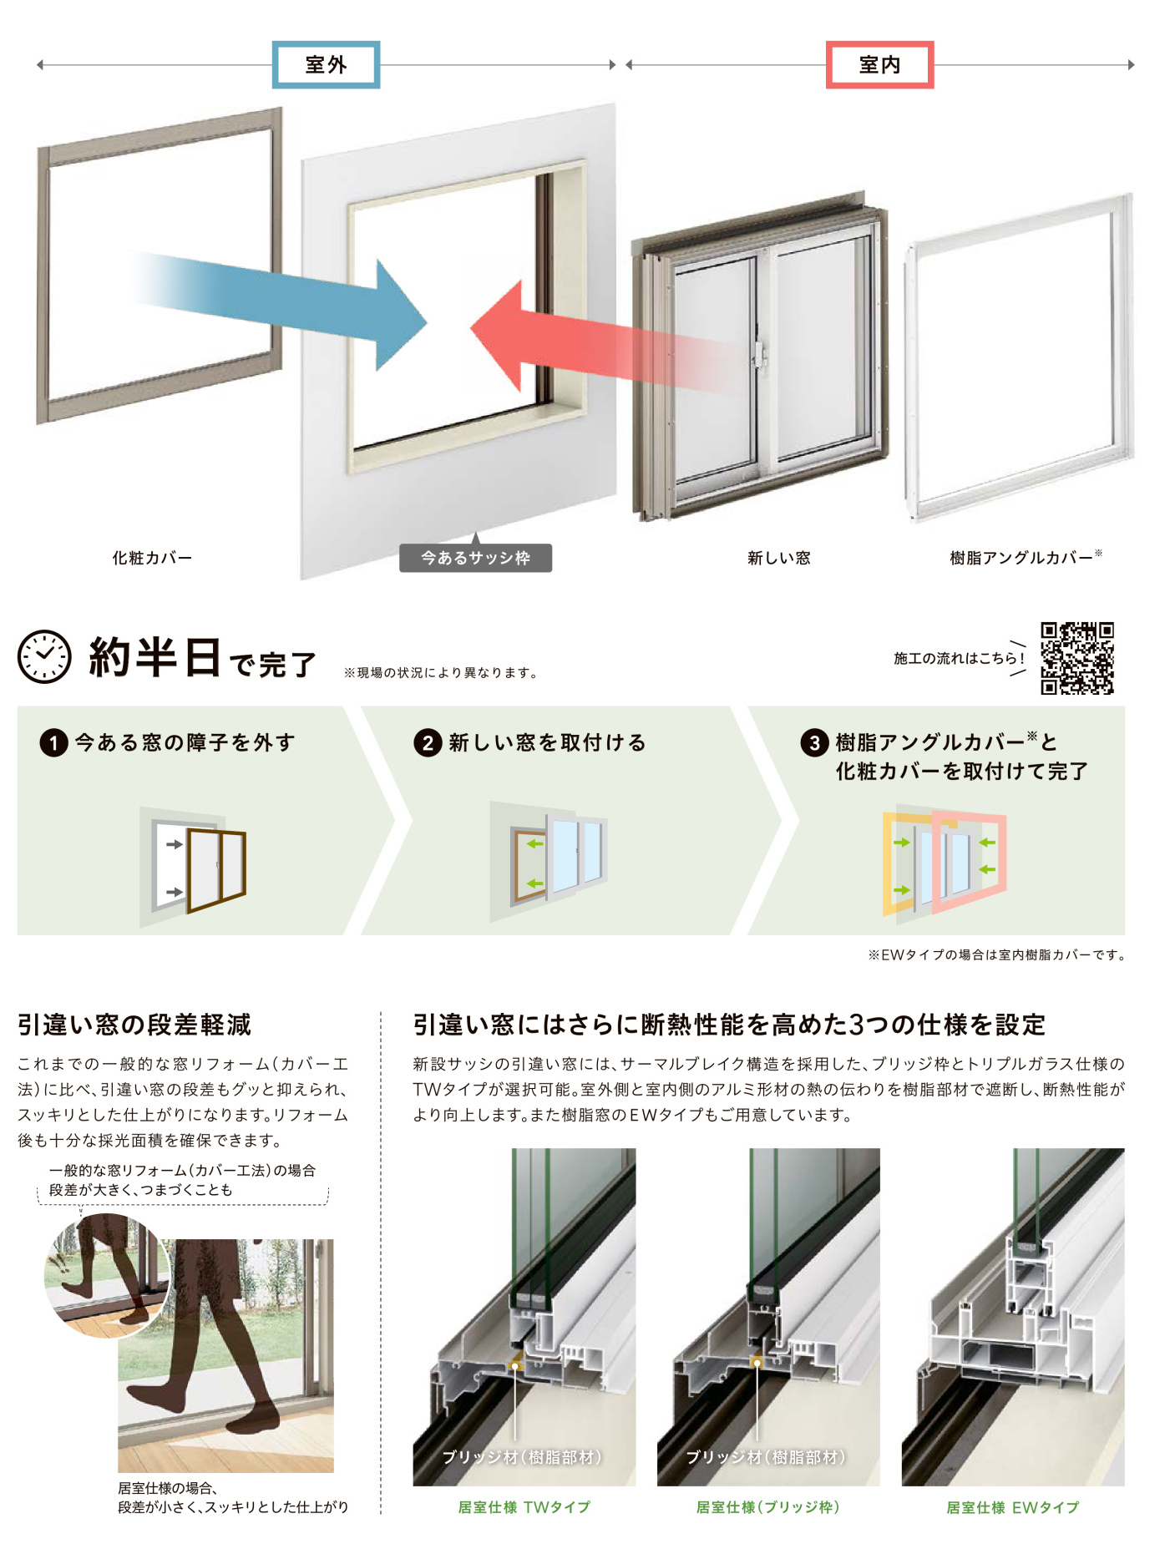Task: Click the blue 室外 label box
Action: (x=326, y=64)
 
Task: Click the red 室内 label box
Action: (x=879, y=64)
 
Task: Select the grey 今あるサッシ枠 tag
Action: (x=475, y=558)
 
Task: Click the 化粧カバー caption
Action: (x=152, y=558)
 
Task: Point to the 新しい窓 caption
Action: (x=778, y=558)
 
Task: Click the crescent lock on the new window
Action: (x=759, y=354)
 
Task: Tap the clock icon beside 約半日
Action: (x=44, y=656)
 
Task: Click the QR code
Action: (x=1076, y=658)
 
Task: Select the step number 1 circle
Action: (x=53, y=742)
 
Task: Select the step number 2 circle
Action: (x=428, y=742)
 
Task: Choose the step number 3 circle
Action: (x=814, y=742)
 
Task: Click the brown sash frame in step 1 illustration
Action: (x=217, y=870)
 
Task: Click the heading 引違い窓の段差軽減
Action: (x=134, y=1025)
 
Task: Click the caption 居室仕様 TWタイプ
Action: (x=524, y=1507)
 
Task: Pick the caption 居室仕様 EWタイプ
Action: (x=1012, y=1507)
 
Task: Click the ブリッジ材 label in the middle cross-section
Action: (x=766, y=1457)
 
